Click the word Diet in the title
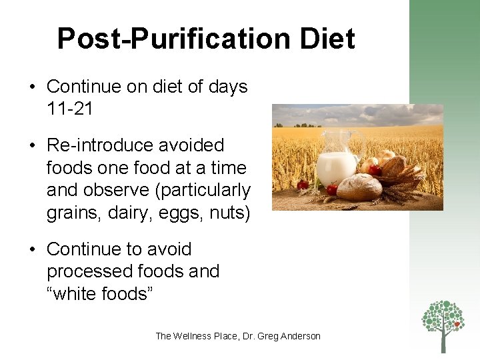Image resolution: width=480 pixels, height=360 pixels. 326,39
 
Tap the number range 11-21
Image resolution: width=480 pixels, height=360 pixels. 70,109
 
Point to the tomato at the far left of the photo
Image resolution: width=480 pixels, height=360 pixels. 303,185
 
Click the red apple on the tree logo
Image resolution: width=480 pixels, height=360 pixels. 457,325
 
